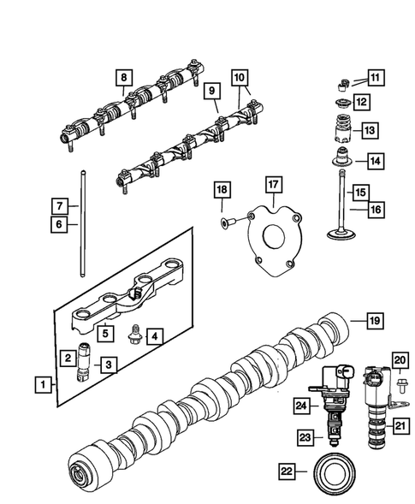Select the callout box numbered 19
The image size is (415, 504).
point(374,321)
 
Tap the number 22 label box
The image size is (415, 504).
point(290,471)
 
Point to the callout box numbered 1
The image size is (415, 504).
point(42,385)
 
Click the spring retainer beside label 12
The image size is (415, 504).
point(340,104)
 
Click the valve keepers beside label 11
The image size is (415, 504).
point(341,83)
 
